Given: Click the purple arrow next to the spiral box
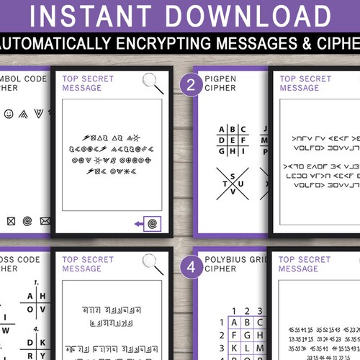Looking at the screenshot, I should click(138, 224).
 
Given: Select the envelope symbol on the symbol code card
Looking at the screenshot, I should click(45, 220).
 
